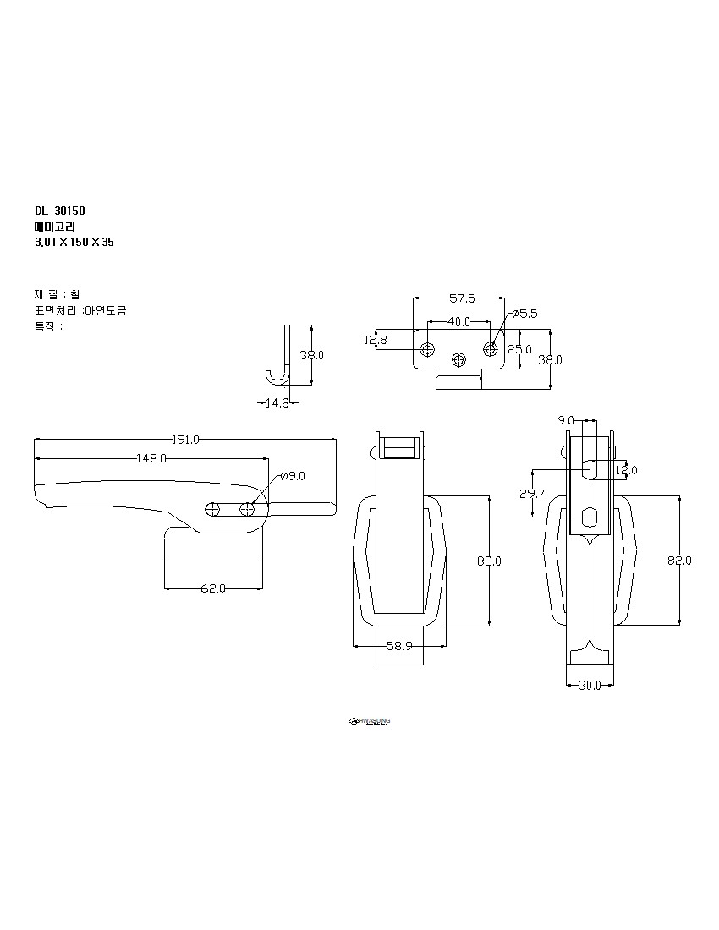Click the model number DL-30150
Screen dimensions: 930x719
pos(60,211)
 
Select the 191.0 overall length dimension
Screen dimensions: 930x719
pos(185,440)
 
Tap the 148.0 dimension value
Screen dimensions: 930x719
pos(151,458)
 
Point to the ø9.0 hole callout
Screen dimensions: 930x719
pos(292,476)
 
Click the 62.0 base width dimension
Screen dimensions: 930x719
pos(213,588)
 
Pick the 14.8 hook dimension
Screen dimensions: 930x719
pos(277,403)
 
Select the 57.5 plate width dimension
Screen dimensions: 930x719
pos(461,298)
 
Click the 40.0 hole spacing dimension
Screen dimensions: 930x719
pos(459,322)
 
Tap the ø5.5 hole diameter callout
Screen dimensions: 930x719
pos(524,314)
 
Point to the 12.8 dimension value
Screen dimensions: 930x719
pos(376,340)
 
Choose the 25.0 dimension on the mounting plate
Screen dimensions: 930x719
pos(519,349)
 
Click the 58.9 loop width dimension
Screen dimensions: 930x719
pos(399,646)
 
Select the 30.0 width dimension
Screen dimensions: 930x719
pos(590,686)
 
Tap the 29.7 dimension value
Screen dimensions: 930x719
pos(531,493)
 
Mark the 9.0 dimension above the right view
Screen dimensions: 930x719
pos(566,420)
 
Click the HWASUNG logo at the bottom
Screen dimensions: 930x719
pos(370,721)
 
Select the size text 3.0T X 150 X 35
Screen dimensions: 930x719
pos(74,242)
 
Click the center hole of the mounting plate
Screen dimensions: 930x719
pos(459,358)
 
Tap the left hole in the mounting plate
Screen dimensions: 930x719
pos(428,349)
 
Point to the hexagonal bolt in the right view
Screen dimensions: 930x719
pos(590,515)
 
